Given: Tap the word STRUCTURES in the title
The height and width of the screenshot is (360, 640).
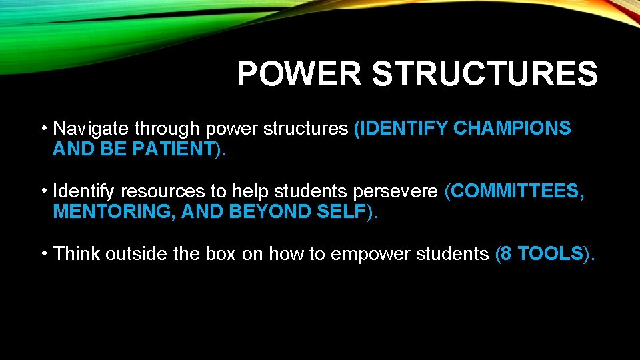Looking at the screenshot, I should pos(485,74).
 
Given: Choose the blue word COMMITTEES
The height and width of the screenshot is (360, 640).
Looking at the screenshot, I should pos(519,192).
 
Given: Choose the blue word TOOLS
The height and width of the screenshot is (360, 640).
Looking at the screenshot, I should pos(550,254).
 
